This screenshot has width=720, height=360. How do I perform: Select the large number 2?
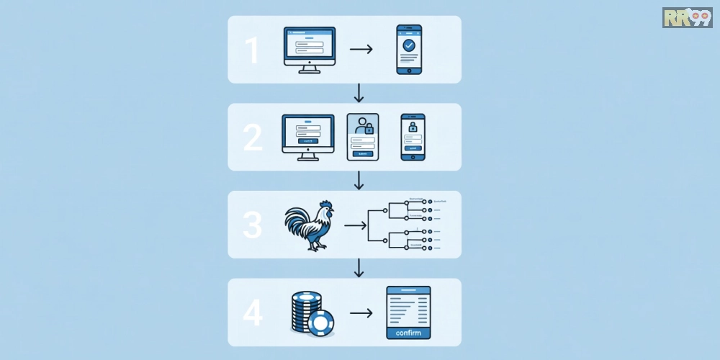[x=253, y=138]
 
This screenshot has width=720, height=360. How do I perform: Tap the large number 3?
[x=253, y=225]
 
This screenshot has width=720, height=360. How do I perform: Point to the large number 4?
[x=253, y=313]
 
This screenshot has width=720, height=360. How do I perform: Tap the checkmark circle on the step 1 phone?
[x=409, y=45]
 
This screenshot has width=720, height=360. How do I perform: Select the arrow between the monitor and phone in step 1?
[x=361, y=50]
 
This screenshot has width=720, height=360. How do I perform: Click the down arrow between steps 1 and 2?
[x=359, y=93]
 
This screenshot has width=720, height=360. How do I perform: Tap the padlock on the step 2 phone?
[x=413, y=127]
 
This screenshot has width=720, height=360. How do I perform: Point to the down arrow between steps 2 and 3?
[x=359, y=181]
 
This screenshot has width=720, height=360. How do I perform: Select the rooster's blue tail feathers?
[x=294, y=222]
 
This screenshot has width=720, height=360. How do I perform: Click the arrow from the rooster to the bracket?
[x=355, y=225]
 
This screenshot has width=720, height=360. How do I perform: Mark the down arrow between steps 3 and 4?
[x=359, y=269]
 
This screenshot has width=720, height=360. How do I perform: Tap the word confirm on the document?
[x=408, y=333]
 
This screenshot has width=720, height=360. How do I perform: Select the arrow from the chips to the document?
[x=361, y=313]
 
